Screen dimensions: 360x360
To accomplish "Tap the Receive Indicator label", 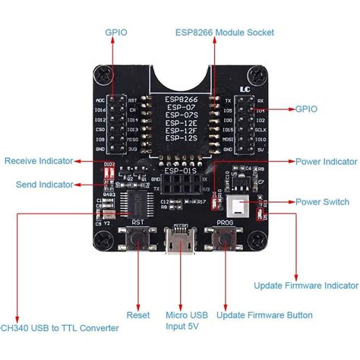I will click(x=39, y=161).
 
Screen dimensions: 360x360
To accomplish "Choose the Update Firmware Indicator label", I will click(x=305, y=285).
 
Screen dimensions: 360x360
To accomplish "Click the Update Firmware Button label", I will click(x=264, y=314).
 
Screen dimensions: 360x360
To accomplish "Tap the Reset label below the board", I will click(x=137, y=314).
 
